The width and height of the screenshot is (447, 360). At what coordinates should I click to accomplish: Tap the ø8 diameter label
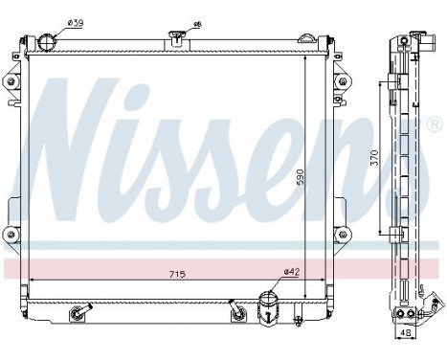pyautogui.click(x=197, y=23)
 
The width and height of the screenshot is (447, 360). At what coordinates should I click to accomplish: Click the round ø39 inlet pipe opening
pyautogui.click(x=50, y=41)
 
